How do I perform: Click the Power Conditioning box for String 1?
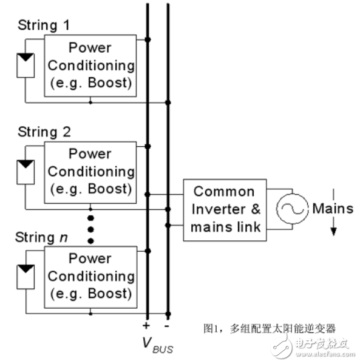coord(90,65)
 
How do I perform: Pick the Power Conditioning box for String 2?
coord(90,172)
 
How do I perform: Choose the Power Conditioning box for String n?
coord(90,277)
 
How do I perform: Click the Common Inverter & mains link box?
coord(224,209)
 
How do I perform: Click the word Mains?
coord(332,209)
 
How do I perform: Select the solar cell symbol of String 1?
coord(24,65)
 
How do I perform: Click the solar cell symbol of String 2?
coord(24,172)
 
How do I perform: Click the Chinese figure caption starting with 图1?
coord(269,329)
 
